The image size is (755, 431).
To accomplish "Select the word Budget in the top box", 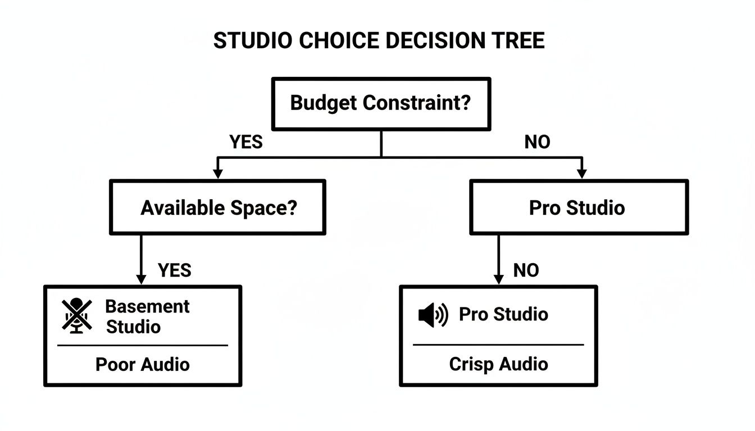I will click(x=324, y=103).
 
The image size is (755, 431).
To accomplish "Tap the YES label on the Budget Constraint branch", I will click(x=246, y=143).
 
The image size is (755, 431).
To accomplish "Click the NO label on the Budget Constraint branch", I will click(x=537, y=143).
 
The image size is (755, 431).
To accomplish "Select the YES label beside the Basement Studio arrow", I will click(x=175, y=270).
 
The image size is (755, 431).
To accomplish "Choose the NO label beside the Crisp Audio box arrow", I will click(x=526, y=270).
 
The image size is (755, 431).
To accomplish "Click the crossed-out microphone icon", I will click(x=77, y=316).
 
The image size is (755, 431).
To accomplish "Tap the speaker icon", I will click(x=433, y=315).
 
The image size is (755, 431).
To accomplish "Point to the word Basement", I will click(x=148, y=306).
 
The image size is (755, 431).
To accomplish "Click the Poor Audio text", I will click(x=143, y=364).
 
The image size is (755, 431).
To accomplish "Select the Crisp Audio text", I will click(x=498, y=364).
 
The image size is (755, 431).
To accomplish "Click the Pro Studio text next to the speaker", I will click(x=503, y=314).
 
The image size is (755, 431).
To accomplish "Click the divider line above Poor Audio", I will click(x=143, y=345).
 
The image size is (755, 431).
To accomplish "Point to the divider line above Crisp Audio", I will click(x=498, y=345).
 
